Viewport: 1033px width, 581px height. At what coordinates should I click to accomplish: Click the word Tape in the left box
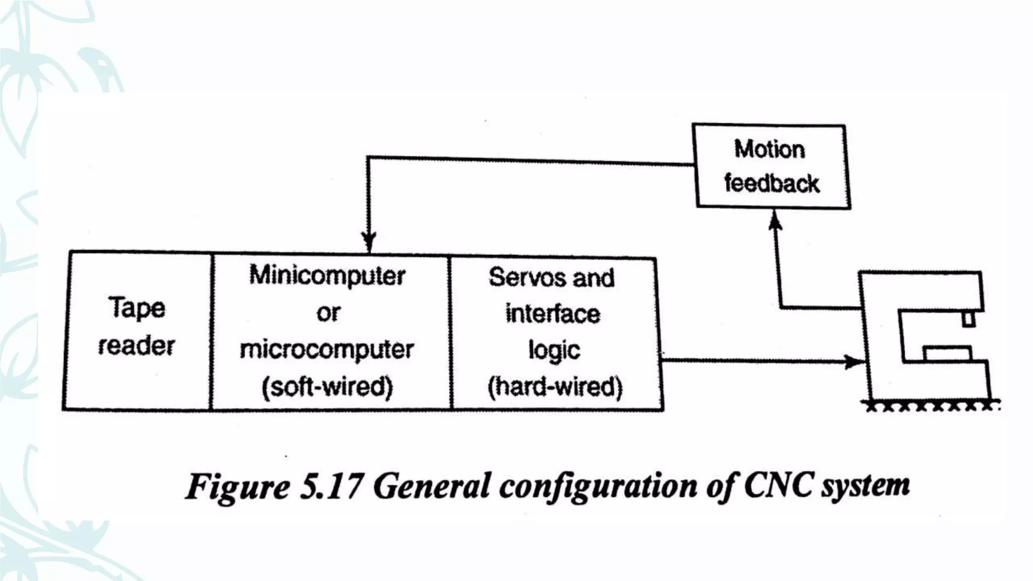coord(137,308)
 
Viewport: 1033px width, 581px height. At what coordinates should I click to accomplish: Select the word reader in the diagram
coord(137,346)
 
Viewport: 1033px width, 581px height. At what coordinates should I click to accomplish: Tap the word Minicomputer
coord(327,276)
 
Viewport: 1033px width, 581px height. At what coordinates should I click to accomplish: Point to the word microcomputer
coord(327,350)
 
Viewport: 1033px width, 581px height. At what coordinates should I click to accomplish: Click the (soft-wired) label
coord(327,387)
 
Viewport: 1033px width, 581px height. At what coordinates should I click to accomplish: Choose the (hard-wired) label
coord(555,387)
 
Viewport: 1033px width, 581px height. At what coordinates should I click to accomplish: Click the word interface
coord(553,314)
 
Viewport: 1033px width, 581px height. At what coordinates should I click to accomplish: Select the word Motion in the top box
coord(770,149)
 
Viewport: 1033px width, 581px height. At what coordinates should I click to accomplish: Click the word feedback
coord(772,183)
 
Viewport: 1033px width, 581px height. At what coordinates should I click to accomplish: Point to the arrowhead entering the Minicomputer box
coord(369,241)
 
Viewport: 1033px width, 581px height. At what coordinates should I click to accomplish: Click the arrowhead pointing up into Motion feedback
coord(775,220)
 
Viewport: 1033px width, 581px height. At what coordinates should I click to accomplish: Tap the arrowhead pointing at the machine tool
coord(854,361)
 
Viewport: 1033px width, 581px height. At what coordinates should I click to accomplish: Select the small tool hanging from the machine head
coord(968,320)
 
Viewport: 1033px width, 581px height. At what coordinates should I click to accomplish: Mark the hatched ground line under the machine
coord(931,405)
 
